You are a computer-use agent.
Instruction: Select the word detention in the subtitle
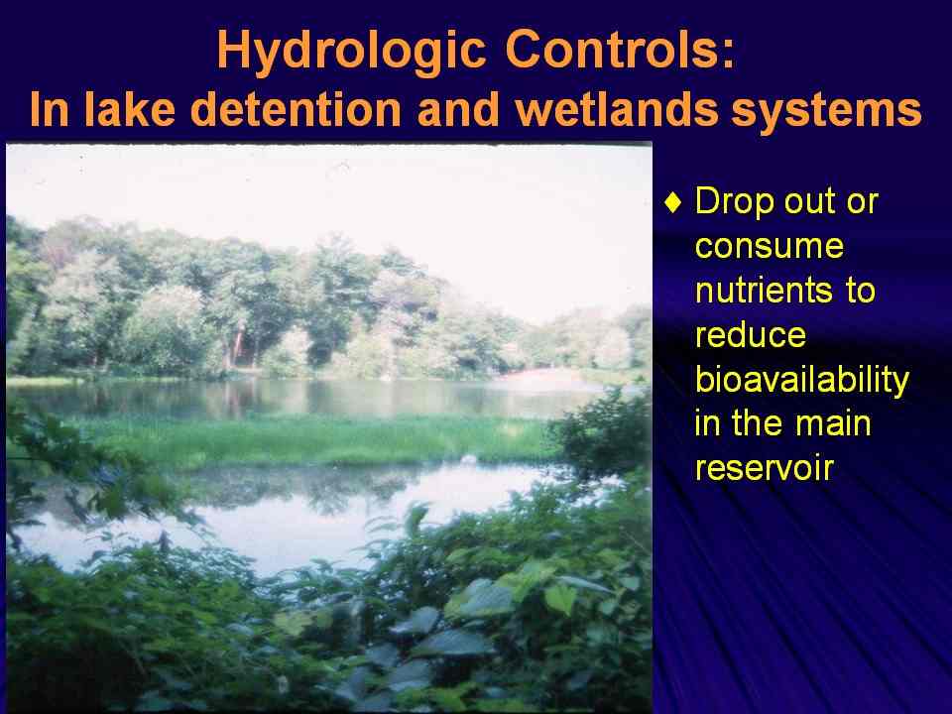coord(298,109)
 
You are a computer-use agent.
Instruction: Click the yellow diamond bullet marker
coord(673,202)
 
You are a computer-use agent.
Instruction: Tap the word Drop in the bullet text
coord(734,202)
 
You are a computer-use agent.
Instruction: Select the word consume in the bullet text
coord(770,247)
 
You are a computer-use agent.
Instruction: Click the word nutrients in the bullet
coord(764,290)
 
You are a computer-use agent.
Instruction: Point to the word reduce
coord(751,334)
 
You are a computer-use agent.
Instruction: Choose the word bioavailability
coord(802,381)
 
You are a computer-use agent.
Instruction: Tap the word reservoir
coord(765,468)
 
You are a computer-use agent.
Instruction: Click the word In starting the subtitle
coord(50,109)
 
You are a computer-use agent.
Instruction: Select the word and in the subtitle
coord(458,109)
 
